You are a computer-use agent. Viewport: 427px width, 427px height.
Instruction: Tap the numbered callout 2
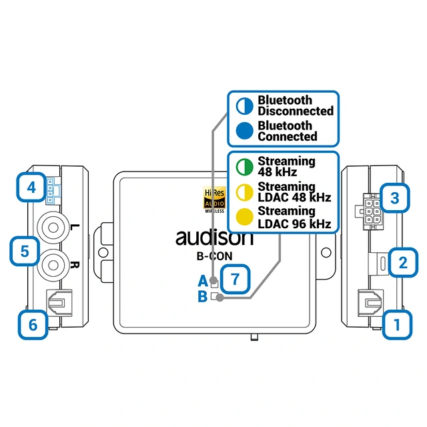point(401,261)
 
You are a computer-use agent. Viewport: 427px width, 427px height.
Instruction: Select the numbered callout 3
point(395,197)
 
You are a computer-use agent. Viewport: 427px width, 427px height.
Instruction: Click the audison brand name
point(215,236)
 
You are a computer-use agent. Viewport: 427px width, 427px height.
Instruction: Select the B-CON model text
point(215,254)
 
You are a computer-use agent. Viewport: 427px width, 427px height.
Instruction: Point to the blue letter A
point(202,281)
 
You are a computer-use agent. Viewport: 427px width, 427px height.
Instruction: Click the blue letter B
point(202,296)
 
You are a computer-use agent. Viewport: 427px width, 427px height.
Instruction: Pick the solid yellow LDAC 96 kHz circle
point(244,218)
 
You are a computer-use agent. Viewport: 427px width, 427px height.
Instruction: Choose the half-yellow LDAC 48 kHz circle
point(244,192)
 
